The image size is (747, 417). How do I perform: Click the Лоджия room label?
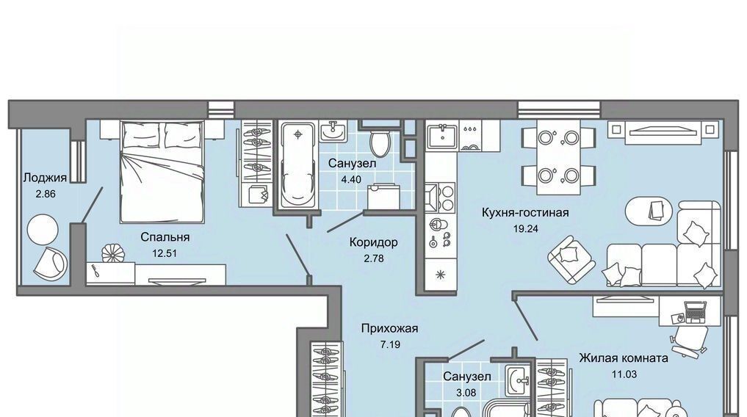point(46,178)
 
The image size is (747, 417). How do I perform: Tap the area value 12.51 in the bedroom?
point(165,253)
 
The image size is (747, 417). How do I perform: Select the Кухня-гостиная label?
point(525,212)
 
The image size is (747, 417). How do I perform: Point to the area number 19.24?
point(525,228)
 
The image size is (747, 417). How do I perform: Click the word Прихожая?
point(389,328)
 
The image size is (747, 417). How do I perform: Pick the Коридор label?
point(373,242)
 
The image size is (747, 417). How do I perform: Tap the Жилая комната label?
point(624,358)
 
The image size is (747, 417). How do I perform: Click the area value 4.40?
point(351,179)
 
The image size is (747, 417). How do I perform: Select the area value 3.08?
point(466,393)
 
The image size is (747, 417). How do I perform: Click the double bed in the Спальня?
point(162,171)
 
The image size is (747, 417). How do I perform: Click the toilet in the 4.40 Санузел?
point(380,142)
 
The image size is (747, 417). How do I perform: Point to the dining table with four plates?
point(558,157)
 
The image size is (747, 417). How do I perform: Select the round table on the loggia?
point(43,231)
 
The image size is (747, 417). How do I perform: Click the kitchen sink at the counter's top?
point(443,136)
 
